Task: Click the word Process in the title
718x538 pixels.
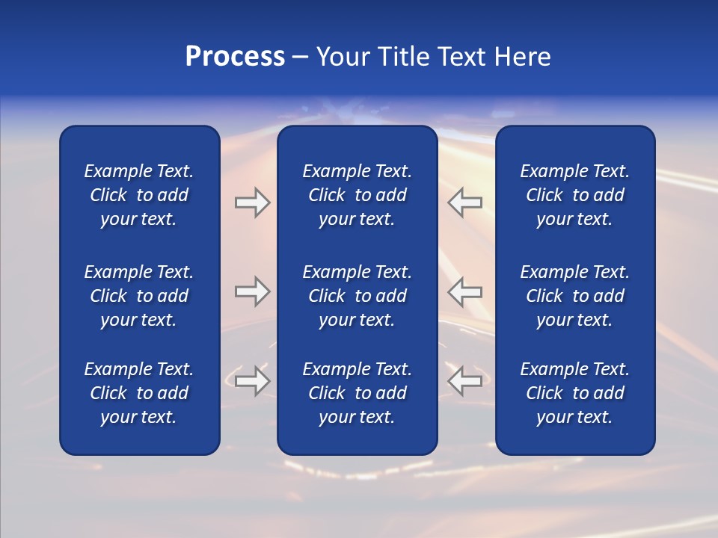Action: (x=235, y=57)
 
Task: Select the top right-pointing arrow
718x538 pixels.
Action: (x=253, y=202)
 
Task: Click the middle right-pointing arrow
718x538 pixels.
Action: (x=253, y=291)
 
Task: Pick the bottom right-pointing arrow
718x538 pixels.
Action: (x=253, y=381)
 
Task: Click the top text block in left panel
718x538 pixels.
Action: (x=139, y=195)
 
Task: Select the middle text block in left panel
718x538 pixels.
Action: (x=139, y=296)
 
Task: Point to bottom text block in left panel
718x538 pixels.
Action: (x=139, y=393)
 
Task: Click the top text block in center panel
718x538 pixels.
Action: (x=357, y=195)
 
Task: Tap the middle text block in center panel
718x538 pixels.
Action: (x=357, y=296)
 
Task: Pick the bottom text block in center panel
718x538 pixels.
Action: (x=357, y=393)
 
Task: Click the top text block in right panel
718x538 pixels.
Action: (x=574, y=195)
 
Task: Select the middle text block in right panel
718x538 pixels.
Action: (x=574, y=296)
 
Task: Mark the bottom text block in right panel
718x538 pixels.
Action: (x=574, y=393)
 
